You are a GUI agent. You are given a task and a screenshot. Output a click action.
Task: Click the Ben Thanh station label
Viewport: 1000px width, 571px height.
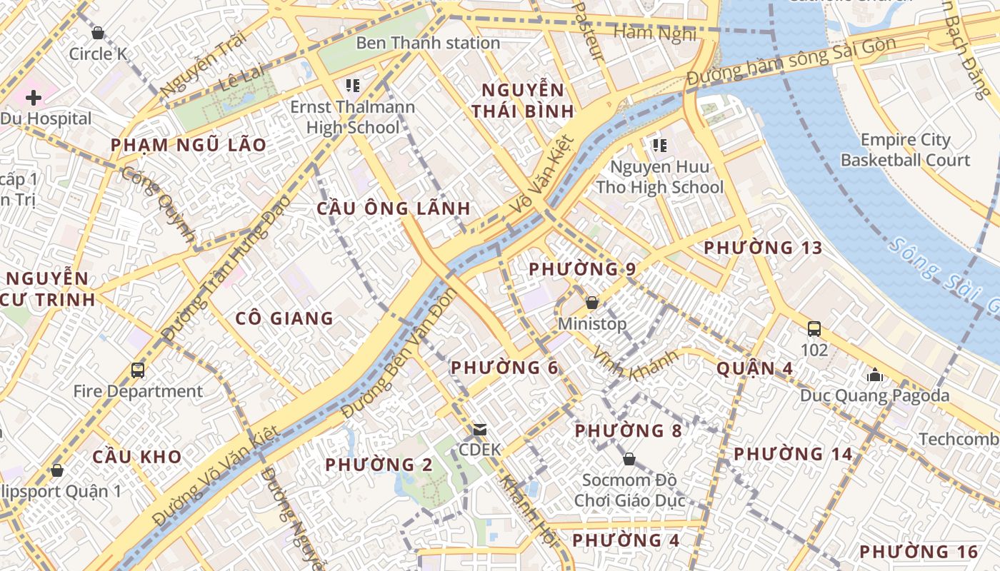click(428, 43)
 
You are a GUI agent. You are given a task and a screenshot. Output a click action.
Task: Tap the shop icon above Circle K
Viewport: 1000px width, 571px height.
click(98, 33)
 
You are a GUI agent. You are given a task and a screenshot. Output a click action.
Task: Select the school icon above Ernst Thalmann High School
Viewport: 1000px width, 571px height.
click(352, 86)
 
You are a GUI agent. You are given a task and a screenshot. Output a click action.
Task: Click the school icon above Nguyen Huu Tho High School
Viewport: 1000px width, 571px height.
click(659, 146)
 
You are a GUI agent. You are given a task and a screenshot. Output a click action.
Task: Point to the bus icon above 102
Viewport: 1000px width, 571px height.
click(814, 329)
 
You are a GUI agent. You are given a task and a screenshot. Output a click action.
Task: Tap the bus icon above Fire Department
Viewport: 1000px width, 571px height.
click(138, 370)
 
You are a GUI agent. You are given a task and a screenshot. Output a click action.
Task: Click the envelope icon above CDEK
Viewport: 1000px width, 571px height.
click(480, 430)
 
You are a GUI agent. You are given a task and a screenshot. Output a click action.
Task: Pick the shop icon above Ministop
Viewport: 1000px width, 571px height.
click(591, 303)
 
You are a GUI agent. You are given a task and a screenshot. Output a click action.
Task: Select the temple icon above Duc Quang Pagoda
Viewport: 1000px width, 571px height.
click(874, 375)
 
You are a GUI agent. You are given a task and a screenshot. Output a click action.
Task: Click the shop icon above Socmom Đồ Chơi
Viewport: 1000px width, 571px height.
click(629, 458)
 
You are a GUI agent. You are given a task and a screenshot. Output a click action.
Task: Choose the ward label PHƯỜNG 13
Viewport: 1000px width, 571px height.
click(763, 248)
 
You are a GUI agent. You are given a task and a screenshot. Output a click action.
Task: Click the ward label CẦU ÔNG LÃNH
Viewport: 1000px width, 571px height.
click(394, 208)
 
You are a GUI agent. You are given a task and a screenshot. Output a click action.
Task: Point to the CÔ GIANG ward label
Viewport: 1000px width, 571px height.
click(284, 318)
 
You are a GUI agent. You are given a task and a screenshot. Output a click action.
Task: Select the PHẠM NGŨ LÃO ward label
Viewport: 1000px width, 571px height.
click(189, 145)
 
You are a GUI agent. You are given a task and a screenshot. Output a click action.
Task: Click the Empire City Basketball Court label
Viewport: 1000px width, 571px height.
click(905, 150)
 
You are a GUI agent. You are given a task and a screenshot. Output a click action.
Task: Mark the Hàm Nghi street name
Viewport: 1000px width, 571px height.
click(654, 33)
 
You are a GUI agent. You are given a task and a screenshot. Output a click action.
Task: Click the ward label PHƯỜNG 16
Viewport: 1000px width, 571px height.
click(918, 552)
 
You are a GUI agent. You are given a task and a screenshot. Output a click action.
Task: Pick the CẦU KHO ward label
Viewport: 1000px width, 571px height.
click(137, 457)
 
